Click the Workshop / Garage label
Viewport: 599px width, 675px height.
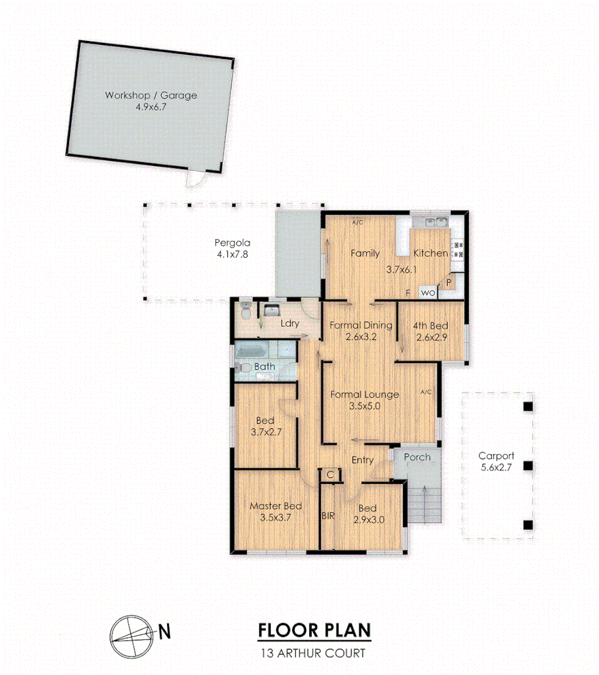coord(151,101)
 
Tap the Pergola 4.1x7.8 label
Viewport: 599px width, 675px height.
coord(232,248)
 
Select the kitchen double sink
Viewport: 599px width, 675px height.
coord(435,222)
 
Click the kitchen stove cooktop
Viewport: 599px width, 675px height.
coord(458,249)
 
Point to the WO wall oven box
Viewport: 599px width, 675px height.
coord(428,293)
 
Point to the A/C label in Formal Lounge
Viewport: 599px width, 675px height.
coord(426,393)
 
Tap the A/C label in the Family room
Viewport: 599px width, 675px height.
coord(357,222)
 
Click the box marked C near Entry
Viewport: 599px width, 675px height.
coord(330,474)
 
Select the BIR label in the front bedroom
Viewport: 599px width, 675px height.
coord(328,516)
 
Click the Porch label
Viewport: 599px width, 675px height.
coord(417,457)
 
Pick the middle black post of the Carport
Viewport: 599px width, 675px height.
coord(528,465)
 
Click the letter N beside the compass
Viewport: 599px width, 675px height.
coord(164,631)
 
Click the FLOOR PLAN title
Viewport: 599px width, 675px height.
coord(314,631)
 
